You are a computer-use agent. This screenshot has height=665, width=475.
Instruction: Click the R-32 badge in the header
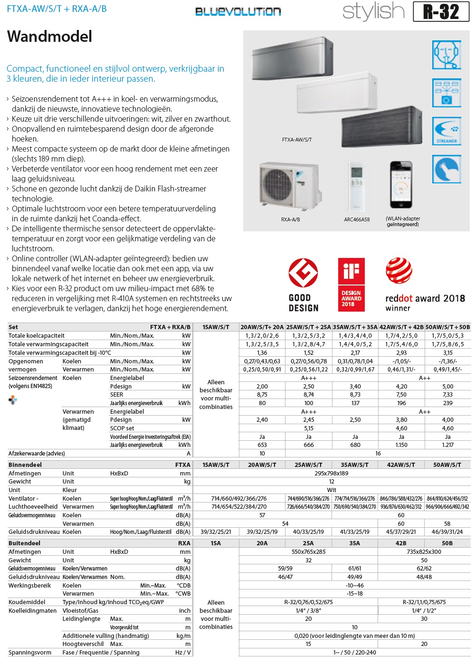point(441,12)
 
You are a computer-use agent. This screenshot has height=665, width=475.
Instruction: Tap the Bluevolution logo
point(238,11)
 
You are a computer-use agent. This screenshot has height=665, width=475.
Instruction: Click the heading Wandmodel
point(50,37)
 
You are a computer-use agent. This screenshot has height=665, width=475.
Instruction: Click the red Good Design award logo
point(303,273)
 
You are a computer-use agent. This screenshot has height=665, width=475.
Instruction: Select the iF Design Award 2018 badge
point(351,285)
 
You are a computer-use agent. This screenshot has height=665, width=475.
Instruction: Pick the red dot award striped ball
point(399,271)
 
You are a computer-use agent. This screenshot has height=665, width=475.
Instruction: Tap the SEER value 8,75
point(262,395)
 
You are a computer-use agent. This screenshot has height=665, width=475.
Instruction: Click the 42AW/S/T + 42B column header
point(401,327)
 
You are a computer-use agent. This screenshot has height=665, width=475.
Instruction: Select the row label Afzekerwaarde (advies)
point(37,454)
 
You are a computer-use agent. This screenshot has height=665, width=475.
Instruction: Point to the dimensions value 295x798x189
point(332,474)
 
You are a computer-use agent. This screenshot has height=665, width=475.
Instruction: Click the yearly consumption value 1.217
point(447,445)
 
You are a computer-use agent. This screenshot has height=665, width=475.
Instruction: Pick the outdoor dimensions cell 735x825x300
point(424,552)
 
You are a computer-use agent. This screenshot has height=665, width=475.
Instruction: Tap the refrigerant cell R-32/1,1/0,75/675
point(424,602)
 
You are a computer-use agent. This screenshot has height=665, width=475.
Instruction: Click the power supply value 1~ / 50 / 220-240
point(354,653)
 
